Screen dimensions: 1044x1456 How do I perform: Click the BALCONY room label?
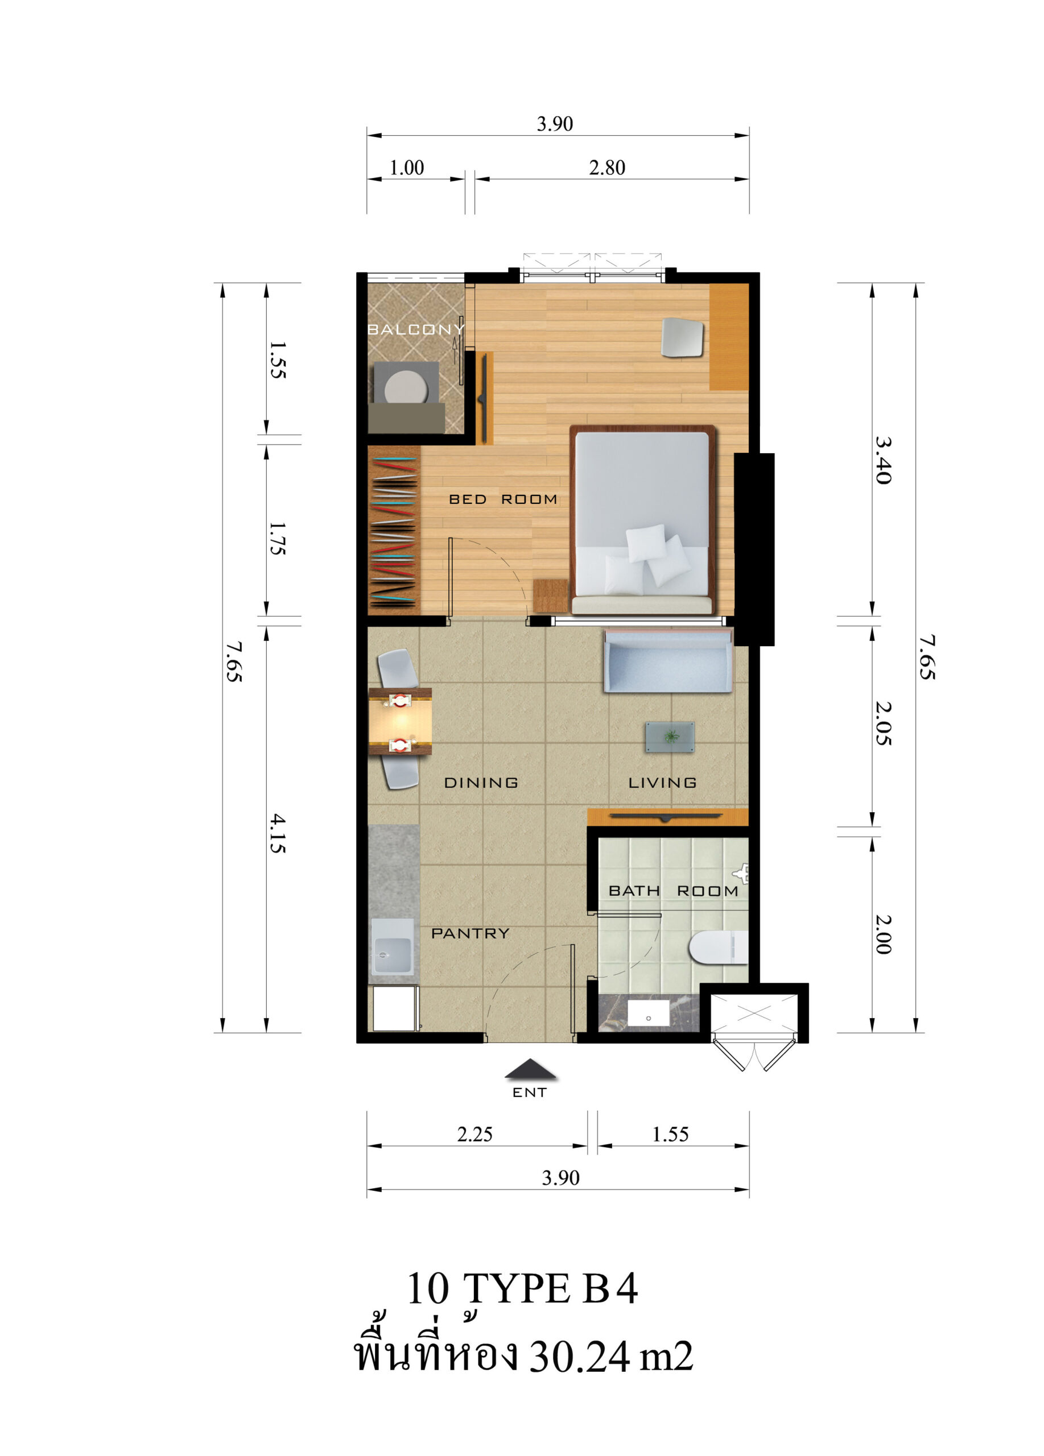pos(415,329)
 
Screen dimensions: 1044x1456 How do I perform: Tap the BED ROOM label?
pos(503,499)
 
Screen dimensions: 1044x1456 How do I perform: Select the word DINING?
pos(481,782)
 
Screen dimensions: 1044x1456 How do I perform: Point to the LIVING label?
pos(662,782)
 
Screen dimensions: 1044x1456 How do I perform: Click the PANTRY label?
pos(470,933)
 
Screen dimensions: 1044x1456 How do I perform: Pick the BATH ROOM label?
pos(673,891)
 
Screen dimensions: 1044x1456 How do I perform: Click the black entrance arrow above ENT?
pos(530,1069)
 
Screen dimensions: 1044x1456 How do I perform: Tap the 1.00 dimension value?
pos(406,168)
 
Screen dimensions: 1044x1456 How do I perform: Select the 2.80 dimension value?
pos(606,168)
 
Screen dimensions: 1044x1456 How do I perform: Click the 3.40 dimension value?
pos(883,460)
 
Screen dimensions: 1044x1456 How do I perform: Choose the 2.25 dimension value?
pos(474,1134)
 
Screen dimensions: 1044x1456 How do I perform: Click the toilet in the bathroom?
pos(719,948)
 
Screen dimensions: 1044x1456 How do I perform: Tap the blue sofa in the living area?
pos(668,660)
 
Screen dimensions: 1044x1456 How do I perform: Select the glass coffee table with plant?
pos(670,737)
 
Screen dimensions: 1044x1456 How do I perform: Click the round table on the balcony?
pos(406,389)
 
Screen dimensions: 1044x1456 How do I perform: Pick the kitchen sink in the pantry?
pos(393,947)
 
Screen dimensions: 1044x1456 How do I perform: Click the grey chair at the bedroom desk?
pos(683,337)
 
